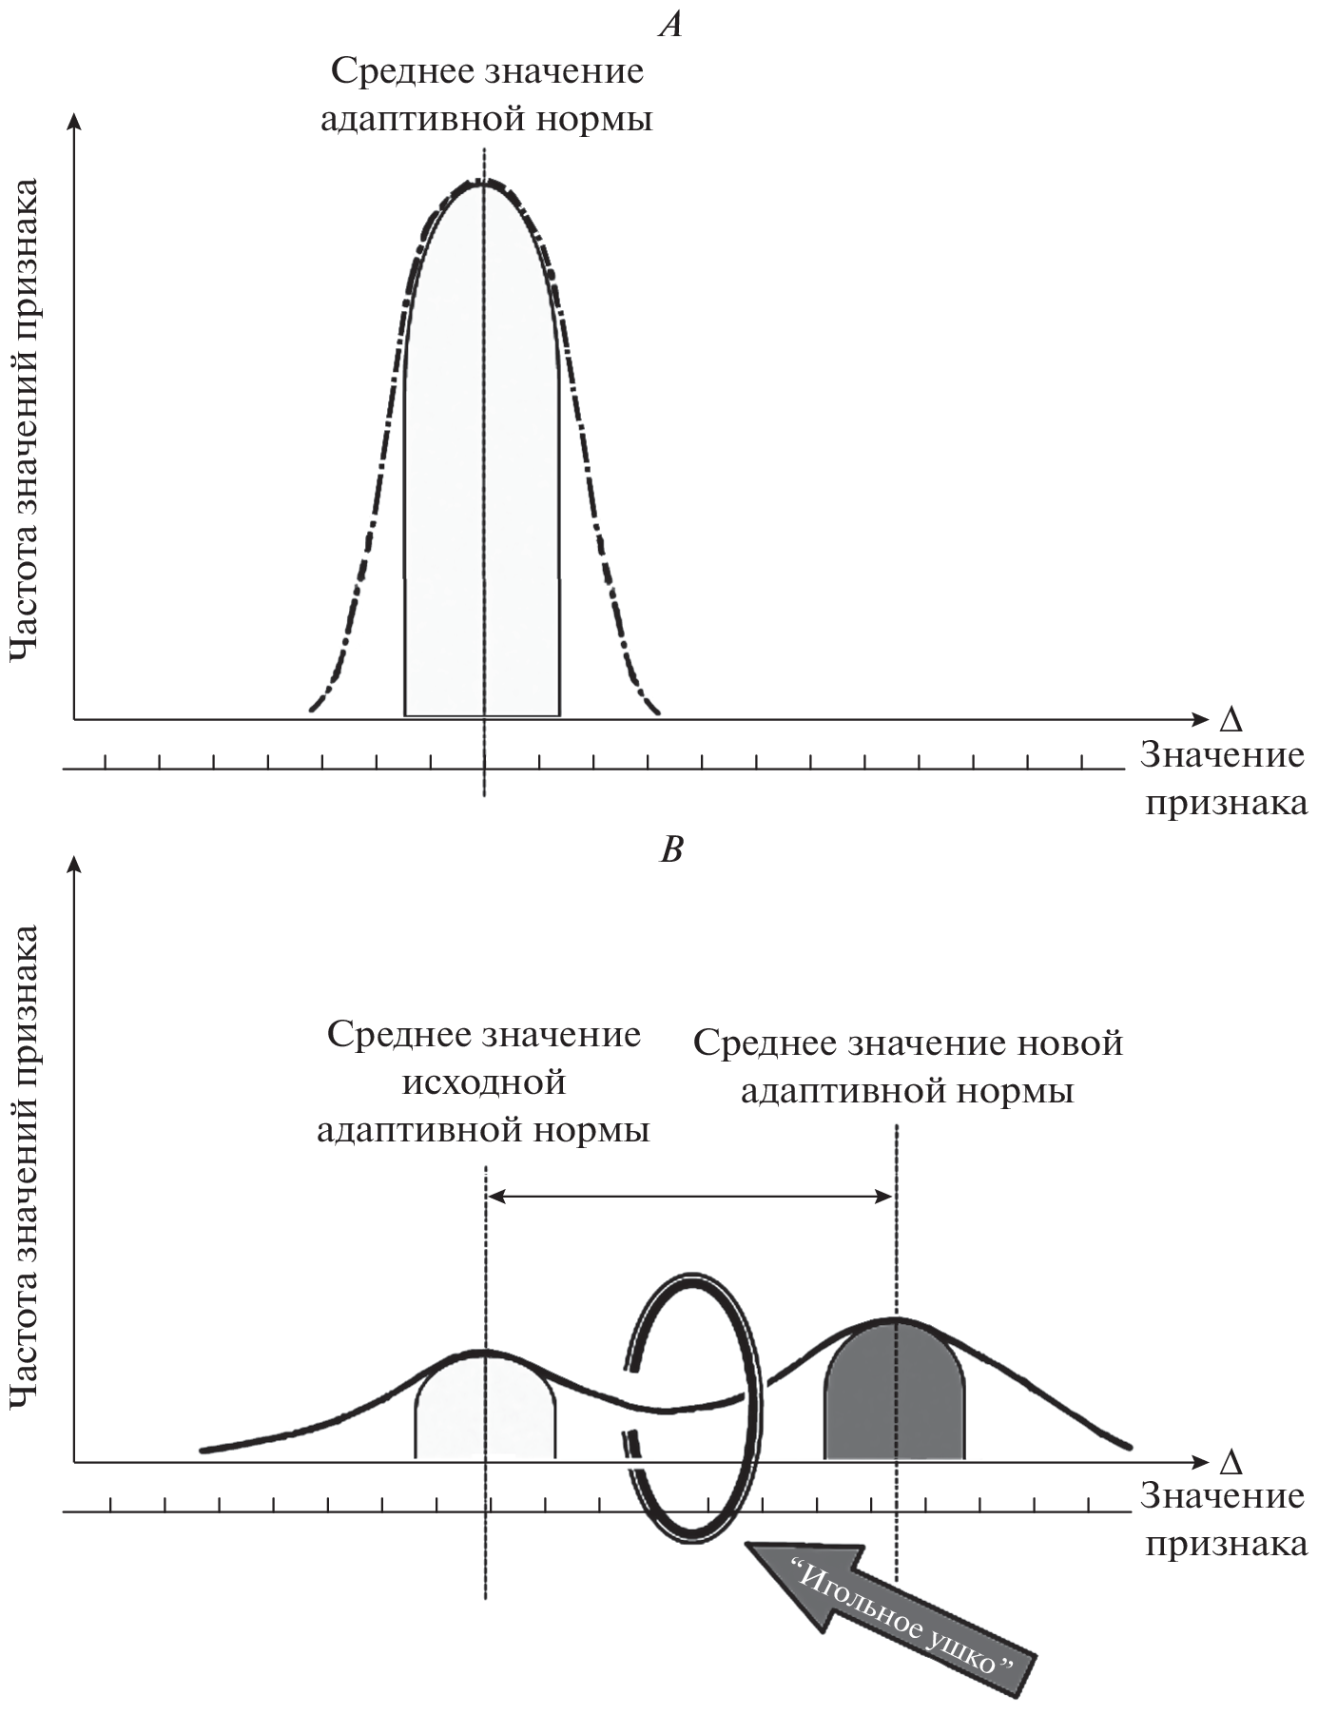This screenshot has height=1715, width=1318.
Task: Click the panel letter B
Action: [671, 849]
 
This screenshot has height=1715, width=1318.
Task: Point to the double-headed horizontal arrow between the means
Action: [690, 1198]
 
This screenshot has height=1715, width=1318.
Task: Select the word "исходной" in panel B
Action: [484, 1082]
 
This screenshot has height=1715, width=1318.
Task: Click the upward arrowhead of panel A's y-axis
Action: [75, 119]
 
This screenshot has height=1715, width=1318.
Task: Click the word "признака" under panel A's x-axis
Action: [1226, 803]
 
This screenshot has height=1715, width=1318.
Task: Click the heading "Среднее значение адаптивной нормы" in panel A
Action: [486, 96]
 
